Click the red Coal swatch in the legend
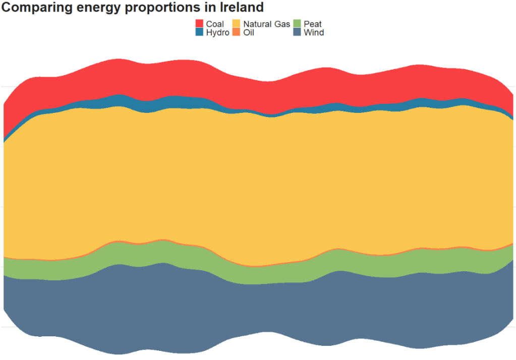click(x=200, y=24)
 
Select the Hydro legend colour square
click(x=200, y=32)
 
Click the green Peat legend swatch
click(x=297, y=24)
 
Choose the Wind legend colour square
click(x=297, y=32)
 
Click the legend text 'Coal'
click(x=215, y=24)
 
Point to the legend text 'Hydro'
click(x=217, y=33)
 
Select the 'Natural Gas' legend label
click(x=266, y=24)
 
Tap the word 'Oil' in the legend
click(x=249, y=33)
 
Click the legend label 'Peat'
click(x=313, y=24)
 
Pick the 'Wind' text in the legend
click(x=314, y=33)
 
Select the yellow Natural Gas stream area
click(x=252, y=182)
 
